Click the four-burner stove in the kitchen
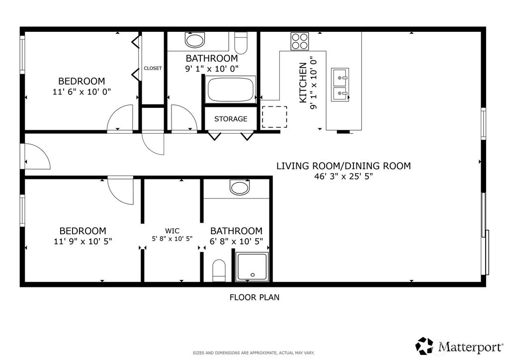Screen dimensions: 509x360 coord(300,41)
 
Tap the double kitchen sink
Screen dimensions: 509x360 coord(340,85)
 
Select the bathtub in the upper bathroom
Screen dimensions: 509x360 coord(231,90)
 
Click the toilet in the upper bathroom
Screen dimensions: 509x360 coord(241,43)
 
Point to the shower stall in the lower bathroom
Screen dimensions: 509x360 coord(252,267)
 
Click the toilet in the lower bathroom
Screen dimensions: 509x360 coord(219,270)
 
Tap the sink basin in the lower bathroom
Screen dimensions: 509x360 coord(240,187)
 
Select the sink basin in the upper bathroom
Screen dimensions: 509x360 coord(195,40)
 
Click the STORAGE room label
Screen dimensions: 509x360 coord(231,119)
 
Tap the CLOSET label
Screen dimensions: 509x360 coord(153,68)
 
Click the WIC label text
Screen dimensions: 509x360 coord(172,231)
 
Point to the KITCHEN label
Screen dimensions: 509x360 coord(303,83)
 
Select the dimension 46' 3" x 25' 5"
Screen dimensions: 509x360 coord(343,177)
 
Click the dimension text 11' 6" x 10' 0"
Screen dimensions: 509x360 coord(82,92)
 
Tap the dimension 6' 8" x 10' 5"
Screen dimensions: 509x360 coord(236,241)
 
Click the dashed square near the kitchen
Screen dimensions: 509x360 coord(274,117)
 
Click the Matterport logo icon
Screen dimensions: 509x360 coord(424,346)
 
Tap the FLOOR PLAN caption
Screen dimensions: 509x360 coord(254,297)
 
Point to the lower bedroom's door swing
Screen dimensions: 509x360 coord(120,191)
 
